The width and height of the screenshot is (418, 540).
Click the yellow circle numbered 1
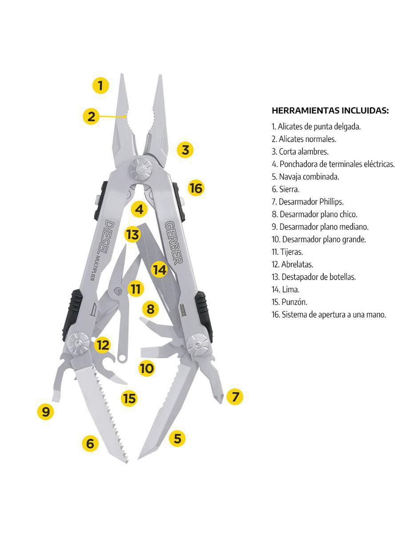(x=100, y=86)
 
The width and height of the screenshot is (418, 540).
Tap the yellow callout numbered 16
(x=196, y=188)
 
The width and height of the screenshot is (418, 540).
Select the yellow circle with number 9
(x=45, y=412)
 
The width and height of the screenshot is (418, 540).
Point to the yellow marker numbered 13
(x=133, y=234)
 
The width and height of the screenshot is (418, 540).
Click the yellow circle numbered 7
(x=235, y=396)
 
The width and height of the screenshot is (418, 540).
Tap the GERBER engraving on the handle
(x=174, y=243)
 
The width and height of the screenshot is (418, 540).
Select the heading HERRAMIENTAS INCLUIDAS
(x=330, y=110)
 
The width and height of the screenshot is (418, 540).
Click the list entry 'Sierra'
(x=285, y=189)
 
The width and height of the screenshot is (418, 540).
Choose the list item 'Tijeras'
(x=287, y=252)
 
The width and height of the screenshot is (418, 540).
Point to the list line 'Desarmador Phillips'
(x=308, y=202)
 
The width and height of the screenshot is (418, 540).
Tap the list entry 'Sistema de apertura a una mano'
(x=329, y=315)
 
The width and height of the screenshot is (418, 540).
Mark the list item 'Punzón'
(x=289, y=302)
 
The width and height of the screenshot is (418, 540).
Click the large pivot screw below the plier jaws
(x=141, y=169)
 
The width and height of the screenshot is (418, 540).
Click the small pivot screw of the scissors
(x=117, y=290)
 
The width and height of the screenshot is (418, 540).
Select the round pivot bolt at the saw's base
(x=79, y=344)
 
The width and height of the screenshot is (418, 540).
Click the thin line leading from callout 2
(x=112, y=116)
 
